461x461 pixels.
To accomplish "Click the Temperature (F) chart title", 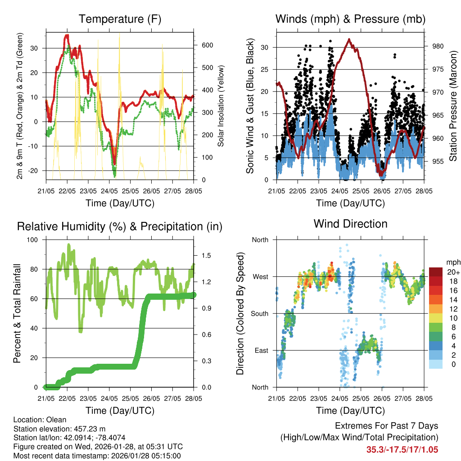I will pyautogui.click(x=119, y=19).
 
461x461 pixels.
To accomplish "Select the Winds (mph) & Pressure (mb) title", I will pyautogui.click(x=350, y=19).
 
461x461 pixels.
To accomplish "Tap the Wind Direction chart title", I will pyautogui.click(x=350, y=223).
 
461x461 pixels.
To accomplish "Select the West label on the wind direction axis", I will pyautogui.click(x=260, y=276).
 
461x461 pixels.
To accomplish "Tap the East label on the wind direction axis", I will pyautogui.click(x=261, y=350).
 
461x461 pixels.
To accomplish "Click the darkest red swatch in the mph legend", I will pyautogui.click(x=437, y=272).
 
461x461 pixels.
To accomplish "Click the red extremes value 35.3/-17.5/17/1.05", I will pyautogui.click(x=402, y=449).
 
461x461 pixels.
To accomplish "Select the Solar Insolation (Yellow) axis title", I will pyautogui.click(x=221, y=106).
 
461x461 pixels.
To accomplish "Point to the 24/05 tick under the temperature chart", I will pyautogui.click(x=109, y=191).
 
